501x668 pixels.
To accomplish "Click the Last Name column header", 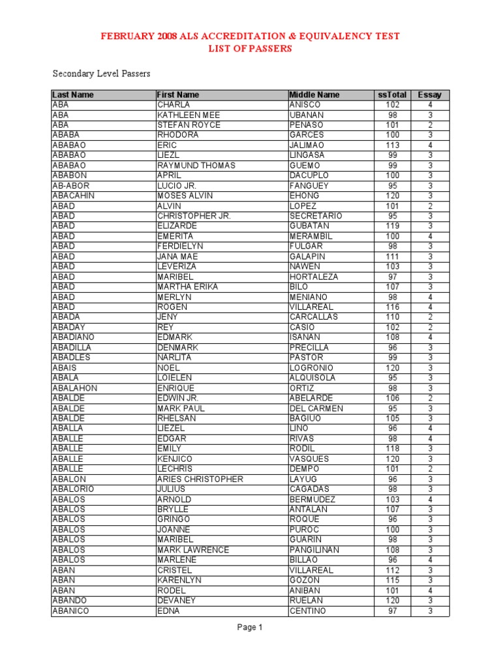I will (73, 95).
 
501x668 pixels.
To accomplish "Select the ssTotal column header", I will (392, 95).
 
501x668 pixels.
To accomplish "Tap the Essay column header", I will (430, 95).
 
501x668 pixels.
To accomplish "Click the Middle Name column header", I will (314, 95).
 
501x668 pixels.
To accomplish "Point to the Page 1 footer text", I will (250, 628).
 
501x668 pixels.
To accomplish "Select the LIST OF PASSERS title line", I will (250, 48).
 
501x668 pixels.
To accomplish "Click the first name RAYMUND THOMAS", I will (196, 166).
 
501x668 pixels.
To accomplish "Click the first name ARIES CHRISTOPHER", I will (200, 479).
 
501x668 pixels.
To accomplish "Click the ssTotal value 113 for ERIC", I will (392, 145).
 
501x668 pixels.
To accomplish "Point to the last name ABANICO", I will (70, 611).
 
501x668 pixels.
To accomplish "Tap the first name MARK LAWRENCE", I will (194, 550).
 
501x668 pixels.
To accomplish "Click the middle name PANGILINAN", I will (314, 550).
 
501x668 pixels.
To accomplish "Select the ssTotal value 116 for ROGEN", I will (392, 307).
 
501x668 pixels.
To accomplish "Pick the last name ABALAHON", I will (75, 388).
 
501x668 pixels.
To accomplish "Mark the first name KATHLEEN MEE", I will (189, 115).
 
